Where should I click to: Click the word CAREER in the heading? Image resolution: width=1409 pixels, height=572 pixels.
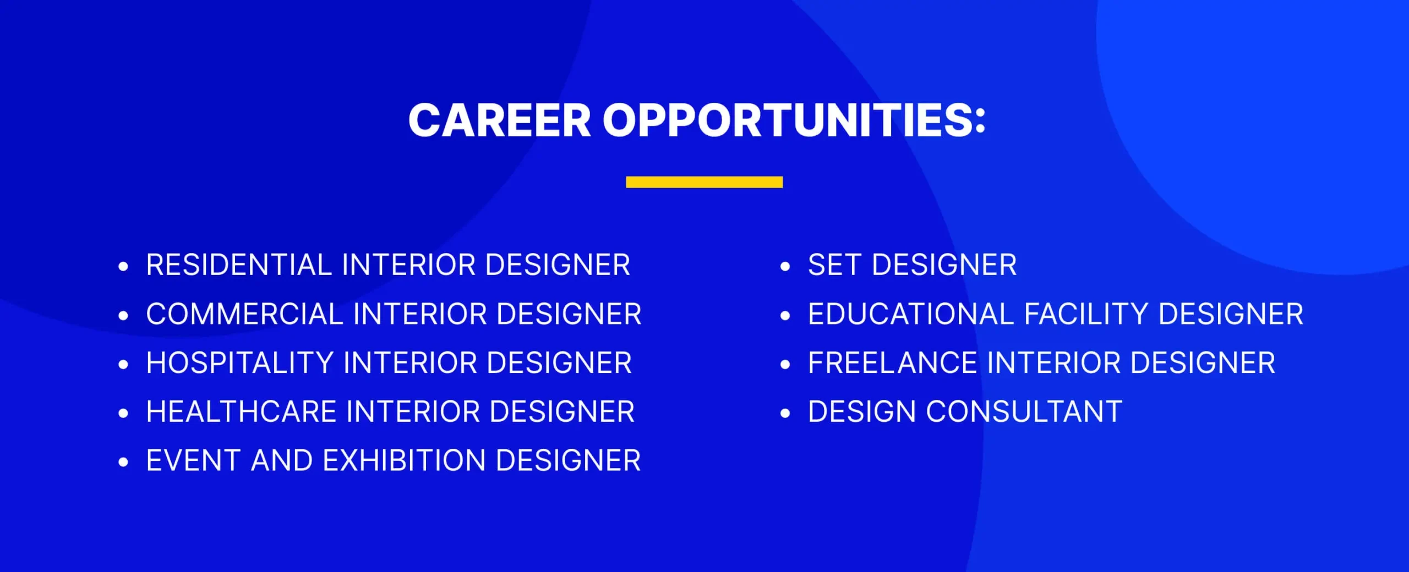click(500, 120)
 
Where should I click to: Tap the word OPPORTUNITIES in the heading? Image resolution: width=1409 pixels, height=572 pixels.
click(788, 120)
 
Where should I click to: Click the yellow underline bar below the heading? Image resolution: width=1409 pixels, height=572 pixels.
click(704, 182)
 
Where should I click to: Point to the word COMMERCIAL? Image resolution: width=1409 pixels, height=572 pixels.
click(245, 314)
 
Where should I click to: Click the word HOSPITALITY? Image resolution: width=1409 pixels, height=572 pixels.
click(240, 363)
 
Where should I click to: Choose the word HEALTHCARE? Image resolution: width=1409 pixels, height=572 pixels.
click(242, 412)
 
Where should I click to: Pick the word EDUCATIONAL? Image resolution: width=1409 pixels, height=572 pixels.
click(911, 314)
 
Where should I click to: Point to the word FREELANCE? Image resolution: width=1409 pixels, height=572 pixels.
click(892, 363)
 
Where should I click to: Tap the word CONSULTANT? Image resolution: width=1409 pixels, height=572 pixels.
click(1024, 412)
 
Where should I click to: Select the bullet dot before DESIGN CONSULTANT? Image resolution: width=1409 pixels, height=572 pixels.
click(785, 414)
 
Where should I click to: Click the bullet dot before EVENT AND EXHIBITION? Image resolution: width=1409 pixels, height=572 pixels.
click(123, 463)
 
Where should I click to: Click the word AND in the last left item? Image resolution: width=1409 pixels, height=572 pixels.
click(282, 460)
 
